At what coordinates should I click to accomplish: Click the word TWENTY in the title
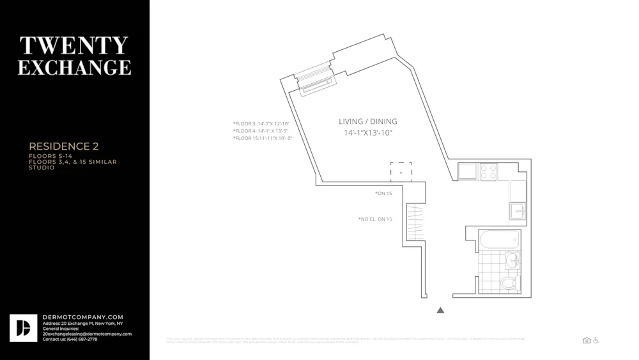[74, 45]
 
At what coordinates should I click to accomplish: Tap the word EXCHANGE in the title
[74, 67]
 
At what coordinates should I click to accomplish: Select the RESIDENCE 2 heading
[64, 146]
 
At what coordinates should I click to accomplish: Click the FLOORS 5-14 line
[50, 156]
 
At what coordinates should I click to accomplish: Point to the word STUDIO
[42, 168]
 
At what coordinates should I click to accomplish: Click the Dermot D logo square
[24, 328]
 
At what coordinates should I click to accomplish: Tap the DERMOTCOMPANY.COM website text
[82, 317]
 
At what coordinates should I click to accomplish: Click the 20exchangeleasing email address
[87, 334]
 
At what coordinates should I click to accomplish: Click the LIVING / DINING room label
[367, 121]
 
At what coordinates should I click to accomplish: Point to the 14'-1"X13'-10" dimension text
[367, 133]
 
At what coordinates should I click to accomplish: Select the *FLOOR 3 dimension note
[261, 123]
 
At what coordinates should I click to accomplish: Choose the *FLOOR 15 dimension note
[262, 138]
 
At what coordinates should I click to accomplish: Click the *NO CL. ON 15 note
[375, 219]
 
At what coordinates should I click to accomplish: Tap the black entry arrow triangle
[440, 310]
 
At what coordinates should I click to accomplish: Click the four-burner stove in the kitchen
[488, 171]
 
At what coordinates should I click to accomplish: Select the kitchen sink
[518, 210]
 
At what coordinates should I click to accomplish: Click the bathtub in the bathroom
[499, 240]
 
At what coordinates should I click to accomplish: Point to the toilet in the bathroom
[509, 283]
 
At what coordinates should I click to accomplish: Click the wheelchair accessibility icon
[596, 340]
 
